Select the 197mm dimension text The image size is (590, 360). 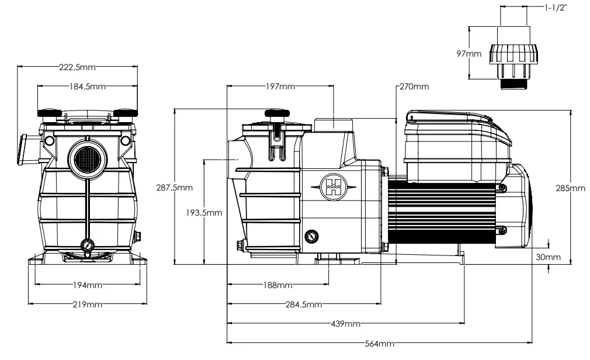(x=278, y=86)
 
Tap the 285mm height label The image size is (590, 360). (x=569, y=188)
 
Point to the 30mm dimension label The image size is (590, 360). (x=549, y=257)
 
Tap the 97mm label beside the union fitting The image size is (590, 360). (x=470, y=54)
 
